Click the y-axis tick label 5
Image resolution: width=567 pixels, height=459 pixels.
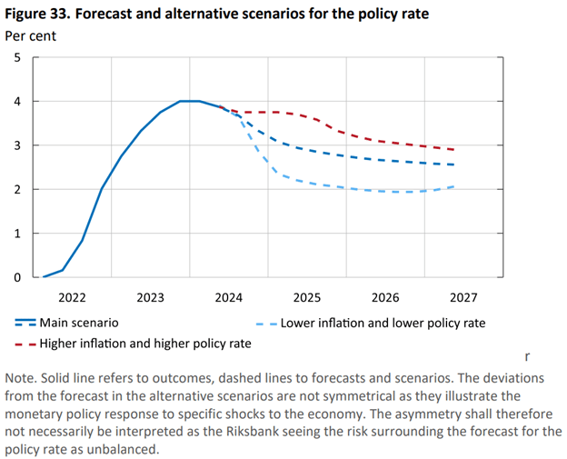point(16,57)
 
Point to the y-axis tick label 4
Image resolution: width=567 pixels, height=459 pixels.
point(16,102)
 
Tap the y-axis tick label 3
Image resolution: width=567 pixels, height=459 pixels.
point(16,145)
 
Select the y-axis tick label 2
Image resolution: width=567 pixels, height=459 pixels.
point(16,189)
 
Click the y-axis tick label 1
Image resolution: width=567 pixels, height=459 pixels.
point(16,234)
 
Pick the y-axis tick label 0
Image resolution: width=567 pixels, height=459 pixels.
point(16,277)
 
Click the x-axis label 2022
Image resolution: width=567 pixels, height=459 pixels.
point(72,297)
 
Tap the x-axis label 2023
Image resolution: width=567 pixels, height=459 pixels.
point(151,297)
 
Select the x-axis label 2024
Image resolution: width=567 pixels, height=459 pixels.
point(229,297)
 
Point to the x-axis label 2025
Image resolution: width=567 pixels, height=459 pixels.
point(307,297)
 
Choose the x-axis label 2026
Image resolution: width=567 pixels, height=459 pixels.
point(385,297)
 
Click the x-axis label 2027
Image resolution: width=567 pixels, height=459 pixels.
point(463,297)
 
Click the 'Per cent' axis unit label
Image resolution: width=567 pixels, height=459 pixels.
point(32,35)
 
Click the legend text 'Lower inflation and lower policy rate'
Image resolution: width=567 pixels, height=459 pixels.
point(383,323)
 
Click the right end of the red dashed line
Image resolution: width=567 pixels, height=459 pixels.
point(453,150)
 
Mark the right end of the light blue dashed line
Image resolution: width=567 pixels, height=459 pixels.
point(453,186)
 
